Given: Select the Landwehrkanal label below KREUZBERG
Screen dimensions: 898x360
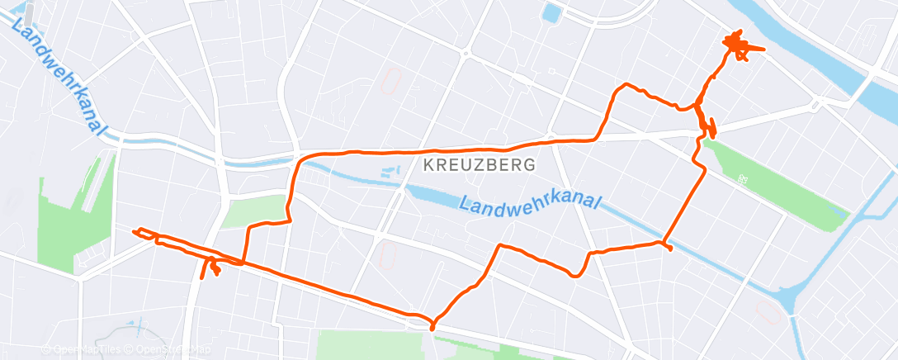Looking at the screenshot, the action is tap(532, 203).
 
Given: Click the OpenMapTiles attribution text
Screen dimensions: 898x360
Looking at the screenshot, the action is tap(82, 349).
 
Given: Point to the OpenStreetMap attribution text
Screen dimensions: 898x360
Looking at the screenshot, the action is tap(170, 349).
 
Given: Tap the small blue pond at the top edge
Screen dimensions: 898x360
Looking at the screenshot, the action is tap(551, 12).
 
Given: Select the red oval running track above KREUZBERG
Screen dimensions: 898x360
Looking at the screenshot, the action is tap(390, 81).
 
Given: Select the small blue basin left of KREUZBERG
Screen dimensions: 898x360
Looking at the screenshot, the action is tap(389, 173).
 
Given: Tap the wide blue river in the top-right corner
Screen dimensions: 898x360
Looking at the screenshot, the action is tap(825, 41).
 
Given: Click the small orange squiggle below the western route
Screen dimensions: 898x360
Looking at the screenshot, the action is tap(213, 268).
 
